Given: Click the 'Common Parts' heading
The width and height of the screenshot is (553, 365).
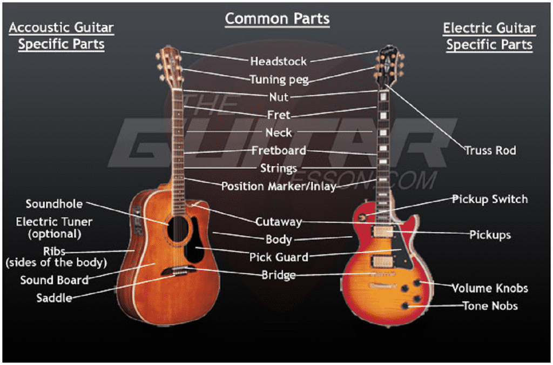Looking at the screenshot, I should tap(277, 18).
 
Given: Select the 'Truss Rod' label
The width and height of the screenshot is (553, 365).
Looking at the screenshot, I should tap(490, 150).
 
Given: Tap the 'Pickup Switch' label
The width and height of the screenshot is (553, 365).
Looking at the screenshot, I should tap(490, 199).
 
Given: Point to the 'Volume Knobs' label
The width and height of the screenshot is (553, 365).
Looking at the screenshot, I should tap(490, 288).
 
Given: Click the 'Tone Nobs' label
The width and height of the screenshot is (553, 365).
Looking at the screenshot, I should tap(490, 306).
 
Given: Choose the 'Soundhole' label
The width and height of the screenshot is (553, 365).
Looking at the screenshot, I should tap(55, 204).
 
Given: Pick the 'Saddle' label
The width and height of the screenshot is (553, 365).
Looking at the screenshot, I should tap(54, 297).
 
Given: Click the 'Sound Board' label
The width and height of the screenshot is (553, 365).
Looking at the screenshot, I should tap(55, 280).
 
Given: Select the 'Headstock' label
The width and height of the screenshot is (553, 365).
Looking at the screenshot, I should tap(278, 61).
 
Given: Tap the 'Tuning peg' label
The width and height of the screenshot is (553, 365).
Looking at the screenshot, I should tap(279, 79).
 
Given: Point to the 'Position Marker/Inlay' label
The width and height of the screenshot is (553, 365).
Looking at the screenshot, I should tap(279, 187).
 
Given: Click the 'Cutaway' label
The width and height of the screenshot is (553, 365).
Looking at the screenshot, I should tap(278, 222).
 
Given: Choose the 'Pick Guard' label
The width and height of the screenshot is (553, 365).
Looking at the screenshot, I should tap(279, 257).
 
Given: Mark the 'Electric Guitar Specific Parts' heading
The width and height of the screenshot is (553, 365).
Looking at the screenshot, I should tap(489, 36).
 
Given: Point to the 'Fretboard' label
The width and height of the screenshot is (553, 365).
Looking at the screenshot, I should tap(279, 150).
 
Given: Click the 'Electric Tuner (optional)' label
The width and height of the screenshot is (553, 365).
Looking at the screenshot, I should tap(54, 228).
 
